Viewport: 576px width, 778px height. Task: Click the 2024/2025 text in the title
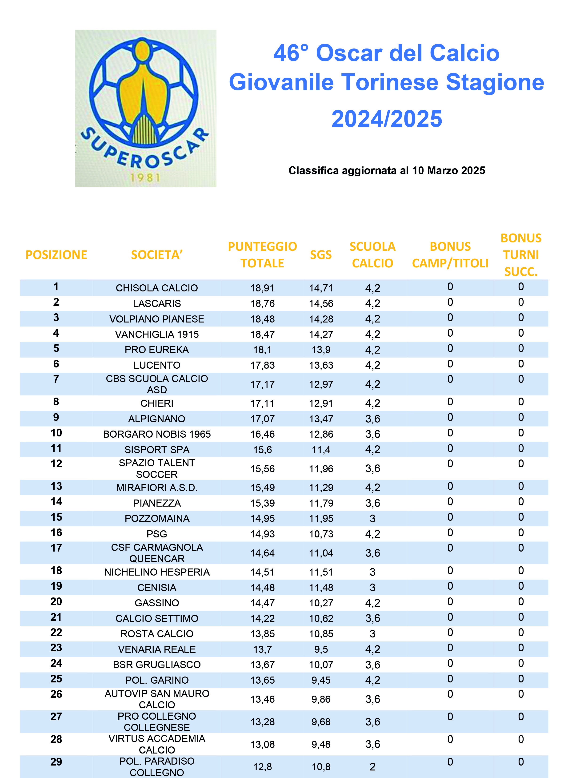point(386,119)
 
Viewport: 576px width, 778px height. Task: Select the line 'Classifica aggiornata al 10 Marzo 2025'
point(386,170)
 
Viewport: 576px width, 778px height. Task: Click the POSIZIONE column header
point(56,255)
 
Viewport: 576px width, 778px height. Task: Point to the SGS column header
point(320,255)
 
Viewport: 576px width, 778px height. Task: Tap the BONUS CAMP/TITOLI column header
point(450,255)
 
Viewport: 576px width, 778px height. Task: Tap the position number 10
point(56,433)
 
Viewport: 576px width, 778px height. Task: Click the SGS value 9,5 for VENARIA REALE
point(321,649)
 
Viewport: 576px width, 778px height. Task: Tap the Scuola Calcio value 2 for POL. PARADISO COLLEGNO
point(372,767)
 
